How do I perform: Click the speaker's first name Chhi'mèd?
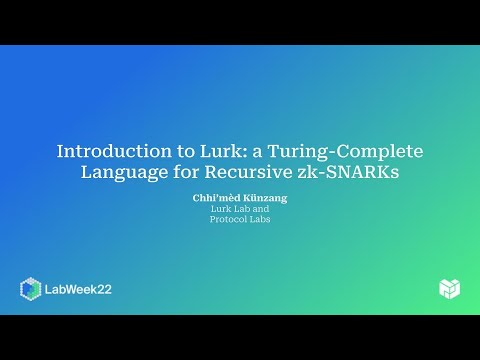(213, 199)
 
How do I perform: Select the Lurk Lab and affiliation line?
(240, 210)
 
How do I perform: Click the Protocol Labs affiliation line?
(240, 220)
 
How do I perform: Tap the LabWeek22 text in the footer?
(79, 289)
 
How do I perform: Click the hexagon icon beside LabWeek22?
(30, 289)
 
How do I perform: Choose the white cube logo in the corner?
(449, 288)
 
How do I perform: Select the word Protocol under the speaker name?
(229, 220)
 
